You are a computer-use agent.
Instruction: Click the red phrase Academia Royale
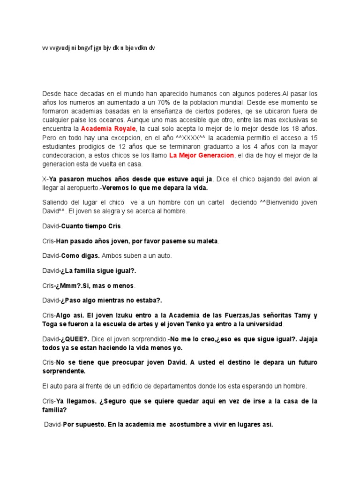[108, 128]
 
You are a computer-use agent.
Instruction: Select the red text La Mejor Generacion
[202, 155]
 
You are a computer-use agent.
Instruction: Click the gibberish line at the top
[98, 48]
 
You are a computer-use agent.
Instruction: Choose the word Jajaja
[307, 339]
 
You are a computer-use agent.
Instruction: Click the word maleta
[207, 241]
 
